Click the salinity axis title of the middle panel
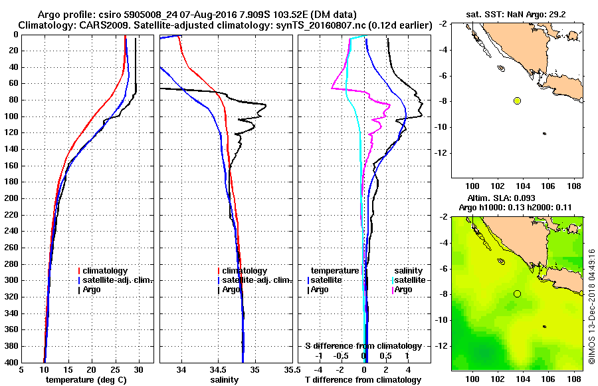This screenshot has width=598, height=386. pos(225,379)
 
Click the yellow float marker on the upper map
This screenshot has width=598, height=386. pos(517,100)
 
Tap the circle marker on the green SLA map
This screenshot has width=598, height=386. pos(517,293)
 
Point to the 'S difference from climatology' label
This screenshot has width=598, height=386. pos(363,346)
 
